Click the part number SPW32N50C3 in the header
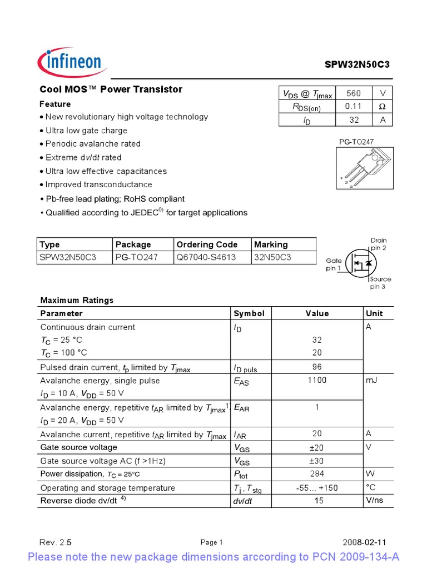tap(357, 64)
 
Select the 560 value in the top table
tap(353, 94)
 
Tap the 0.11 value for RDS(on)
tap(353, 107)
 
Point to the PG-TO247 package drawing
tap(364, 168)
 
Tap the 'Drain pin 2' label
tap(378, 244)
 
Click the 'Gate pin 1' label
tap(334, 264)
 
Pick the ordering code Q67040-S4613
tap(206, 257)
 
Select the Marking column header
tap(271, 244)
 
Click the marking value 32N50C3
tap(273, 257)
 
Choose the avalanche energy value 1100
tap(317, 381)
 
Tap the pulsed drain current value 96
tap(317, 367)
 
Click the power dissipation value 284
tap(317, 474)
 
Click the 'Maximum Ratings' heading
tap(77, 300)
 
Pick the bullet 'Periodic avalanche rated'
tap(93, 144)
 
